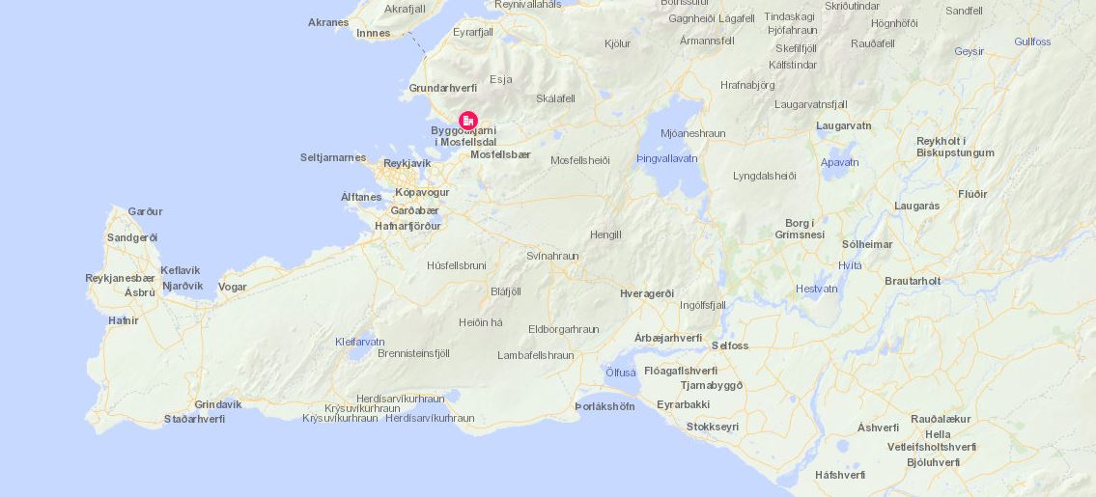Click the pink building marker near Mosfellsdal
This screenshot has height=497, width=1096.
pyautogui.click(x=468, y=121)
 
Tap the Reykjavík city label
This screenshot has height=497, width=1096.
pyautogui.click(x=407, y=163)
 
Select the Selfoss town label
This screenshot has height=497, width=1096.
pyautogui.click(x=729, y=345)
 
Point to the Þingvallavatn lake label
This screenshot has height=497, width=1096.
pyautogui.click(x=666, y=158)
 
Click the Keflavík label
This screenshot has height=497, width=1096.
pyautogui.click(x=181, y=270)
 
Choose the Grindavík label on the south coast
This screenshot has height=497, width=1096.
pyautogui.click(x=217, y=404)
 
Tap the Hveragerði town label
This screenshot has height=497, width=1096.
pyautogui.click(x=646, y=293)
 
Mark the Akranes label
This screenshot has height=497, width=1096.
pyautogui.click(x=328, y=22)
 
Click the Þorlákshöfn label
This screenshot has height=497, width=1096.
pyautogui.click(x=604, y=406)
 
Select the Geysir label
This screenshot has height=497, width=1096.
pyautogui.click(x=969, y=51)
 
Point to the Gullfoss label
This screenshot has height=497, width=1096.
pyautogui.click(x=1032, y=41)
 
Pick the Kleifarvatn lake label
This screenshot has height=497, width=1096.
pyautogui.click(x=359, y=342)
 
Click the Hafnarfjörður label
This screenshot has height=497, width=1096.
pyautogui.click(x=407, y=226)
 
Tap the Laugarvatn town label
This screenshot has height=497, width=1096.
pyautogui.click(x=843, y=125)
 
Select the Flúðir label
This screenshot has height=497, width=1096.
pyautogui.click(x=972, y=194)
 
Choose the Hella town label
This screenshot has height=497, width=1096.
pyautogui.click(x=938, y=434)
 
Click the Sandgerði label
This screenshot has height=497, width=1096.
pyautogui.click(x=132, y=237)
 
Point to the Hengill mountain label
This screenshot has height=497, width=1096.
pyautogui.click(x=605, y=235)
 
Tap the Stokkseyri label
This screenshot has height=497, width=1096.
pyautogui.click(x=712, y=427)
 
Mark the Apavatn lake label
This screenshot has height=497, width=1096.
pyautogui.click(x=839, y=162)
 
